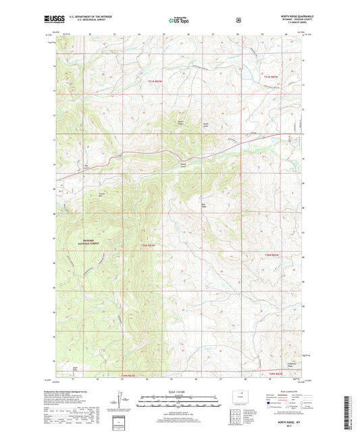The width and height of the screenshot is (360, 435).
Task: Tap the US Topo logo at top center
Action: tap(179, 22)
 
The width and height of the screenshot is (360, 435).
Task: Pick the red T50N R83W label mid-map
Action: tap(148, 245)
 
